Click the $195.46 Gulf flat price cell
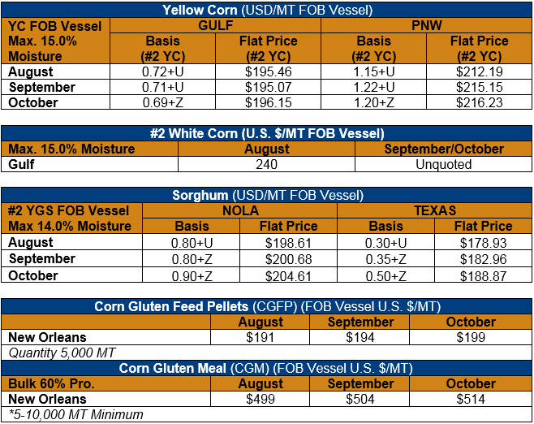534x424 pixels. click(x=269, y=71)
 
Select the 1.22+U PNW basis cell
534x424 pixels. click(x=374, y=87)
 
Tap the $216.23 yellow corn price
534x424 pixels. click(x=480, y=102)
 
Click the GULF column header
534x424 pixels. click(x=216, y=25)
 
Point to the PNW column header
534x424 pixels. click(x=426, y=25)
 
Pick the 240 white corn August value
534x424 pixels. click(x=266, y=164)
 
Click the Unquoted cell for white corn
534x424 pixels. click(x=443, y=164)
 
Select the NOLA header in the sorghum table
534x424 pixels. click(x=240, y=210)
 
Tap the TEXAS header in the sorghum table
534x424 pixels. click(x=435, y=210)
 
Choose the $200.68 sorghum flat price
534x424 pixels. click(x=288, y=259)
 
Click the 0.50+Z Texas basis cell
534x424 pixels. click(x=385, y=276)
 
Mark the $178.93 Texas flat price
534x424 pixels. click(x=483, y=243)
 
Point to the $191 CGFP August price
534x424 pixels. click(x=261, y=337)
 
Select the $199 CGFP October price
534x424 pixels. click(x=471, y=337)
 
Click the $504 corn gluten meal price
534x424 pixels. click(x=360, y=399)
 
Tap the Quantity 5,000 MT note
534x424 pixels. click(x=62, y=353)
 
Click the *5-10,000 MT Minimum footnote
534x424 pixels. click(x=76, y=414)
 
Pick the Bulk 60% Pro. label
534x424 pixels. click(x=51, y=383)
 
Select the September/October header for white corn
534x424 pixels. click(x=444, y=149)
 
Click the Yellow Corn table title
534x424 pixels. click(x=267, y=10)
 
